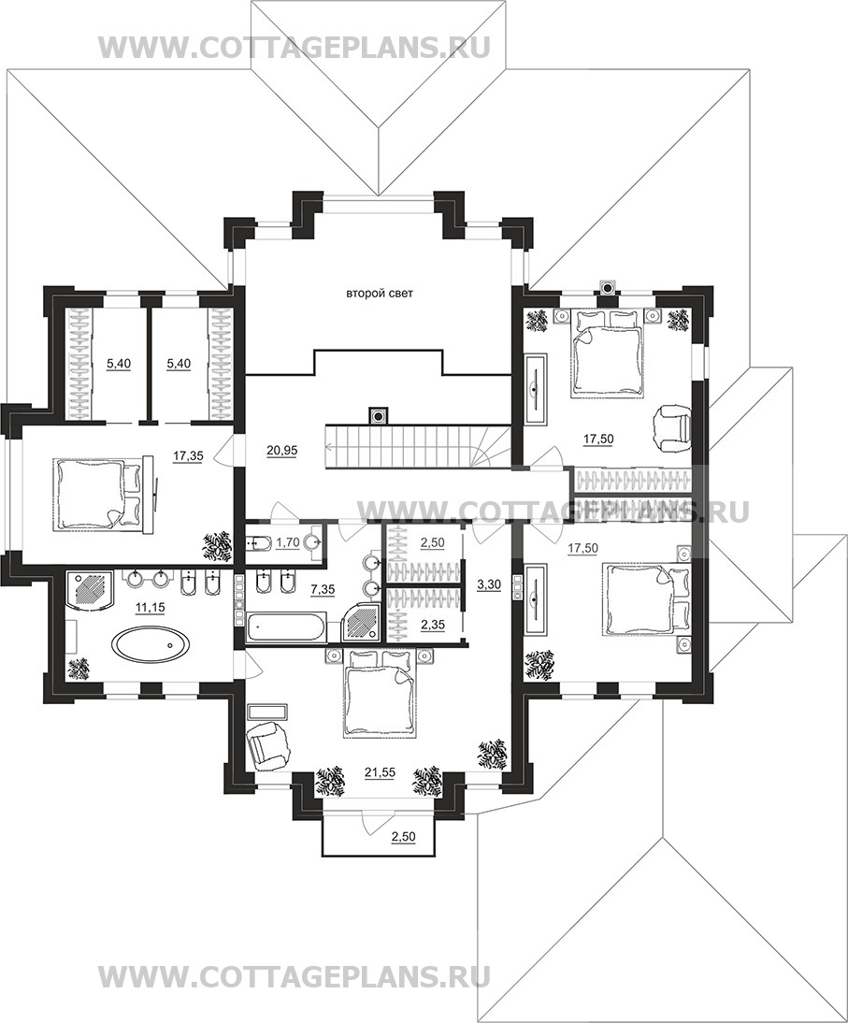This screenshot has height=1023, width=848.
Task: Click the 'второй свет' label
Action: click(379, 295)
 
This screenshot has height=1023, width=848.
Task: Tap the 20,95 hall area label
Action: click(281, 450)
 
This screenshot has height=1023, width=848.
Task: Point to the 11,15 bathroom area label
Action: click(151, 607)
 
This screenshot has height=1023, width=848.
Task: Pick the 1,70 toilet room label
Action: click(287, 541)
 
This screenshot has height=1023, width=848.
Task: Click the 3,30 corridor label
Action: click(489, 584)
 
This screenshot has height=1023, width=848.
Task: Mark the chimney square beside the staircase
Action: click(377, 415)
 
